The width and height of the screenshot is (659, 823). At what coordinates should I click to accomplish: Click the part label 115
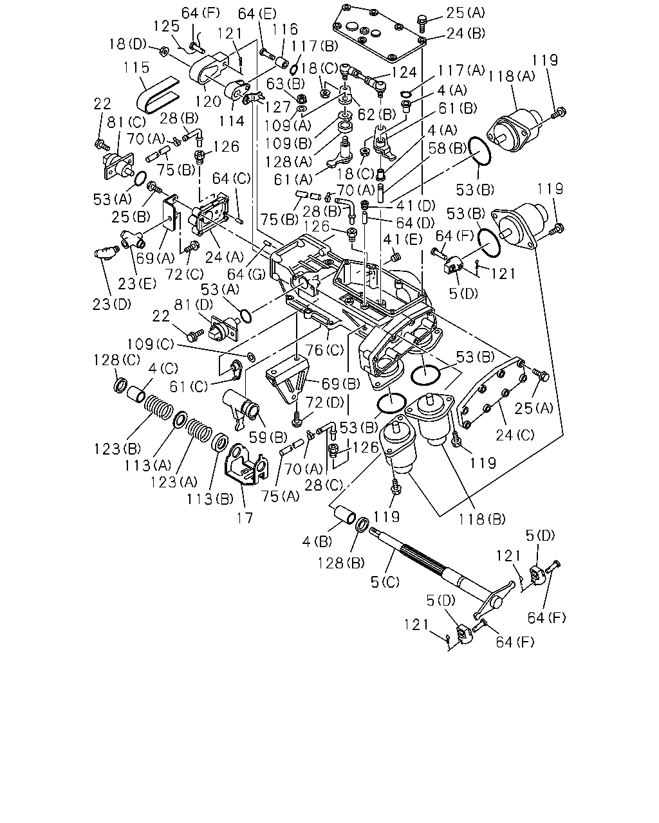136,68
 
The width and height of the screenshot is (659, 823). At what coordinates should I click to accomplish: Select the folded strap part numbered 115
157,95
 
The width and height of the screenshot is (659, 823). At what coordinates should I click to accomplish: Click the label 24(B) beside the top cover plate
466,33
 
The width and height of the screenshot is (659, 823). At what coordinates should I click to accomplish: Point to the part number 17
245,518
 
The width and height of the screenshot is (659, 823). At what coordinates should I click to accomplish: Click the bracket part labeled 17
246,464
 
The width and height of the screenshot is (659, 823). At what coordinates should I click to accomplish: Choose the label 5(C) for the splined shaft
385,582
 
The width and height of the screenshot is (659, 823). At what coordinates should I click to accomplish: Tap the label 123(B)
118,449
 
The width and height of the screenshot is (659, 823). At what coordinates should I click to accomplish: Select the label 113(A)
148,466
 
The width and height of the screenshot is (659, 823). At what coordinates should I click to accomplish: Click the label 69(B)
341,383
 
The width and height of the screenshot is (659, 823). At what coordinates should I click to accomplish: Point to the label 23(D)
112,304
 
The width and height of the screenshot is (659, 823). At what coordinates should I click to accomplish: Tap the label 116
285,30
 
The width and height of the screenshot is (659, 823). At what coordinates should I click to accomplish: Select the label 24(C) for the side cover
515,435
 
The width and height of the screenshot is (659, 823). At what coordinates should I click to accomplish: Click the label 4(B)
317,541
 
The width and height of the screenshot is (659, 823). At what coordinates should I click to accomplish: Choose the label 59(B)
268,437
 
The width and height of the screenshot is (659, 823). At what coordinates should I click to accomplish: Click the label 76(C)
324,350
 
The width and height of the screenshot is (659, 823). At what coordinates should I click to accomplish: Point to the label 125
167,26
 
